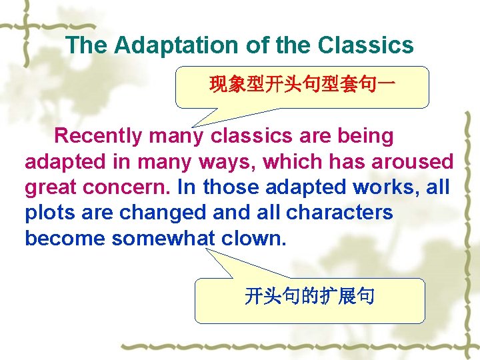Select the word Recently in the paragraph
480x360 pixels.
click(98, 136)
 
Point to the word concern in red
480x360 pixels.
click(131, 187)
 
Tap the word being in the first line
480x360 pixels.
click(365, 136)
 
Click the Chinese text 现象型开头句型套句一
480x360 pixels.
click(302, 85)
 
